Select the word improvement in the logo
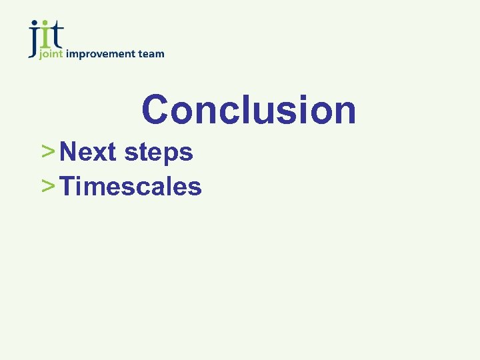pyautogui.click(x=99, y=55)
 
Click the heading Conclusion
pyautogui.click(x=249, y=109)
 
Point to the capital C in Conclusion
pyautogui.click(x=155, y=109)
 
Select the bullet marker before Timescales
pyautogui.click(x=47, y=187)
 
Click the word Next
pyautogui.click(x=87, y=152)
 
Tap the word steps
pyautogui.click(x=158, y=154)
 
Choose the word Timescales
pyautogui.click(x=131, y=187)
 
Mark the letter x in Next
pyautogui.click(x=101, y=154)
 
